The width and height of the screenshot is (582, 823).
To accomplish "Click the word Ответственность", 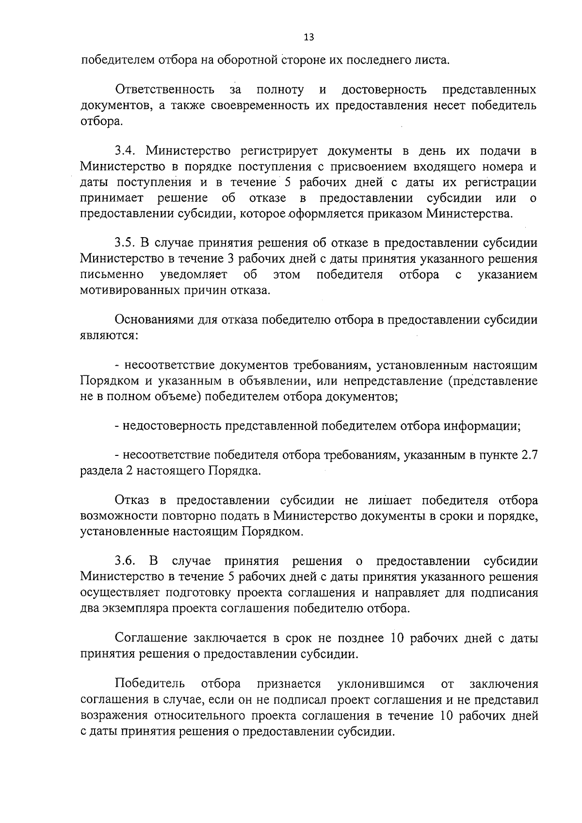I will (x=165, y=90).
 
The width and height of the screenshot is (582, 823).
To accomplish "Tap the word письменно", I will (x=112, y=275).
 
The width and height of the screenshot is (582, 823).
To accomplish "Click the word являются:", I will (x=110, y=336).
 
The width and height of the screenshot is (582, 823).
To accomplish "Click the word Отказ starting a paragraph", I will (x=131, y=500).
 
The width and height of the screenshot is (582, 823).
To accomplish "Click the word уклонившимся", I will (x=381, y=684).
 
